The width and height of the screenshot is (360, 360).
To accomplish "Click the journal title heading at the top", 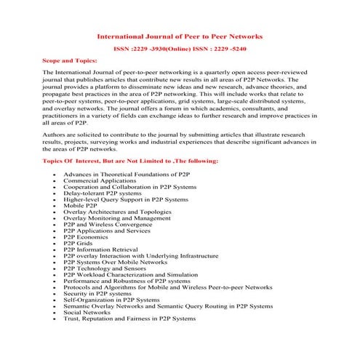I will point(180,36).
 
